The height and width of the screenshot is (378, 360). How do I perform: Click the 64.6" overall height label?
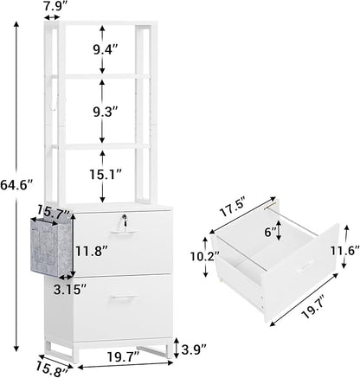tap(16, 185)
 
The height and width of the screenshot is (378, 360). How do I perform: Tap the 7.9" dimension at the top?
tap(56, 6)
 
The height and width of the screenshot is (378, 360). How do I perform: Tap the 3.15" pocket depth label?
tap(69, 290)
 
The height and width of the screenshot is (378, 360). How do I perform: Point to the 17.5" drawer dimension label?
tap(233, 208)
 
